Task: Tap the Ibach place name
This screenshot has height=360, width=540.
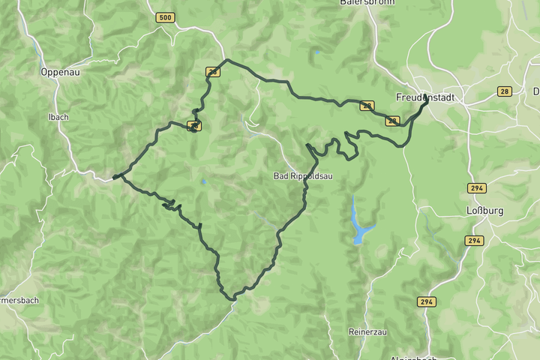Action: click(x=58, y=117)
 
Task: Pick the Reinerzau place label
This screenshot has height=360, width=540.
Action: click(x=367, y=331)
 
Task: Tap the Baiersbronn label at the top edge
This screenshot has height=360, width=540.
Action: click(x=361, y=4)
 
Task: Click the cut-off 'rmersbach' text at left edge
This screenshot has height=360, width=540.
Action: click(x=20, y=300)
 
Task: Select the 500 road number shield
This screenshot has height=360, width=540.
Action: click(x=166, y=17)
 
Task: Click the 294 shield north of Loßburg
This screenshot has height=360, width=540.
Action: click(x=476, y=188)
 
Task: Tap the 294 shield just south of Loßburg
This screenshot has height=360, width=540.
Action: click(x=473, y=241)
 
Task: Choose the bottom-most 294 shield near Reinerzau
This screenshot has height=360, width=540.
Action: click(x=427, y=301)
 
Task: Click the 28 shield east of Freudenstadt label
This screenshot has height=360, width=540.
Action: click(x=504, y=91)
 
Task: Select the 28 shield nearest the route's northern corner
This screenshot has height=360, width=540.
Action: click(x=214, y=72)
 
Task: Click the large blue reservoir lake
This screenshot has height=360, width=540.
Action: click(x=360, y=229)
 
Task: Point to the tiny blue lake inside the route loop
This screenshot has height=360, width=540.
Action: click(x=203, y=181)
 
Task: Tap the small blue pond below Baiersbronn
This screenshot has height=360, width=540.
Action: click(x=318, y=52)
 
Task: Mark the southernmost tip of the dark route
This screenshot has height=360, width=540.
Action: click(x=232, y=299)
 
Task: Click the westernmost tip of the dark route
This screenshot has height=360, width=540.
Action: click(x=113, y=178)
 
